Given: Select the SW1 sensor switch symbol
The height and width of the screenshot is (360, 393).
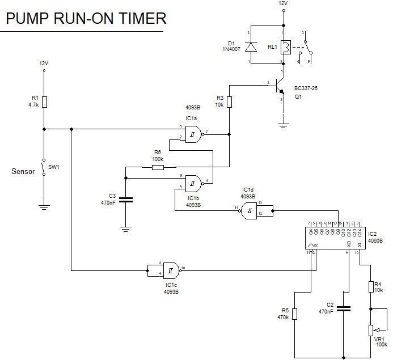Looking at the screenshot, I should coord(45,167).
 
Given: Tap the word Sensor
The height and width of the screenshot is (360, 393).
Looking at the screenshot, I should coord(23,171).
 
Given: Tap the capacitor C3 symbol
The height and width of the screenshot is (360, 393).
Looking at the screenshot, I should coord(126,199).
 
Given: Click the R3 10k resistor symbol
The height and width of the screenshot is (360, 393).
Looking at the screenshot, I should coord(229,101).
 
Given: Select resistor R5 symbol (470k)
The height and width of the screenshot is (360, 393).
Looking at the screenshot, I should coord(295,314).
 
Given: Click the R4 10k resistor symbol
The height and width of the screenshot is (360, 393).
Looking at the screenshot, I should coord(371,286).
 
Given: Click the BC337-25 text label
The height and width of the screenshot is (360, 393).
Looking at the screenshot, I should coord(307,88).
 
